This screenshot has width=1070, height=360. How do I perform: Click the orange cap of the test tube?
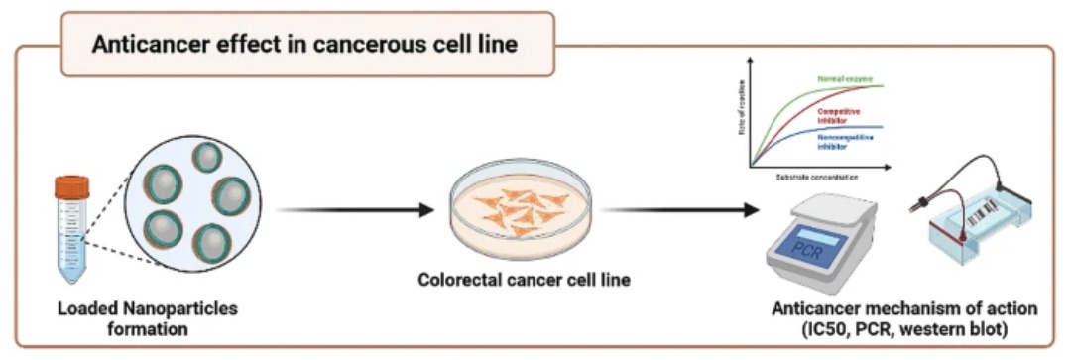pos(71,185)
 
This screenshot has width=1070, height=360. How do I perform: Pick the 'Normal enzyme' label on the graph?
pos(843,78)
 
